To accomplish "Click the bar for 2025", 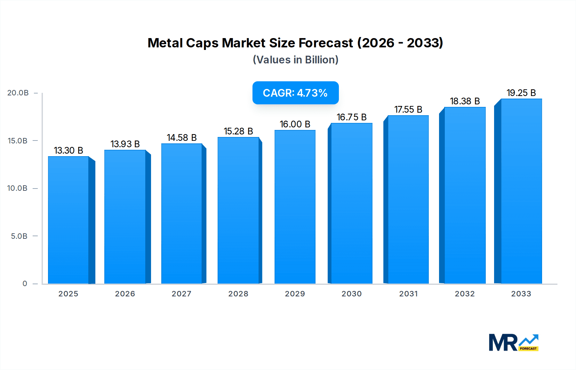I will pyautogui.click(x=68, y=220).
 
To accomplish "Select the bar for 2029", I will pyautogui.click(x=295, y=207).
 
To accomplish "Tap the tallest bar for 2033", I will pyautogui.click(x=521, y=191).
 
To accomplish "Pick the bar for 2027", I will pyautogui.click(x=181, y=213).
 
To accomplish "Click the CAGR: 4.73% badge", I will pyautogui.click(x=295, y=93).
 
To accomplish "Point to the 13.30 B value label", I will pyautogui.click(x=68, y=150).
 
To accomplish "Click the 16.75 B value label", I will pyautogui.click(x=351, y=117).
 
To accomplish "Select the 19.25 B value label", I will pyautogui.click(x=521, y=93).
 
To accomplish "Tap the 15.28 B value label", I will pyautogui.click(x=238, y=131).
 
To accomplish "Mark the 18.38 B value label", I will pyautogui.click(x=465, y=101).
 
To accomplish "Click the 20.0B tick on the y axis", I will pyautogui.click(x=18, y=93).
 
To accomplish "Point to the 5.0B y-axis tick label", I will pyautogui.click(x=19, y=236).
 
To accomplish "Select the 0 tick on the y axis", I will pyautogui.click(x=25, y=284).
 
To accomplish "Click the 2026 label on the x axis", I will pyautogui.click(x=125, y=294).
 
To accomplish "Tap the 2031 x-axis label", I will pyautogui.click(x=408, y=294).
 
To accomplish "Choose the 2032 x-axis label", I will pyautogui.click(x=465, y=294).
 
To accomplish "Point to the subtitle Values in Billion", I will pyautogui.click(x=295, y=60).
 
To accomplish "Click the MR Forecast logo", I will pyautogui.click(x=513, y=342).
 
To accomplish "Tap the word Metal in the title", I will pyautogui.click(x=165, y=43).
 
